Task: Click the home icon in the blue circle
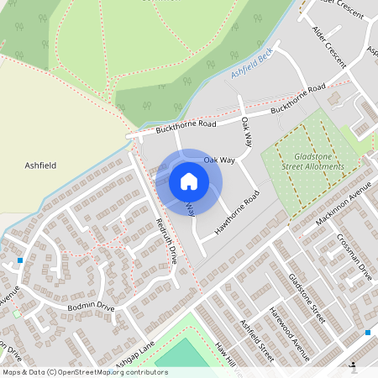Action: coord(189,181)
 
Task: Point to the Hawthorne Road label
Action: coord(238,214)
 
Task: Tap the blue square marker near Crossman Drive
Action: coord(367,333)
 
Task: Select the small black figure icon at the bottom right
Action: coord(354,367)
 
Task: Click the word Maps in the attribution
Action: coord(13,371)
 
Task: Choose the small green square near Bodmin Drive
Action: coord(17,314)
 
